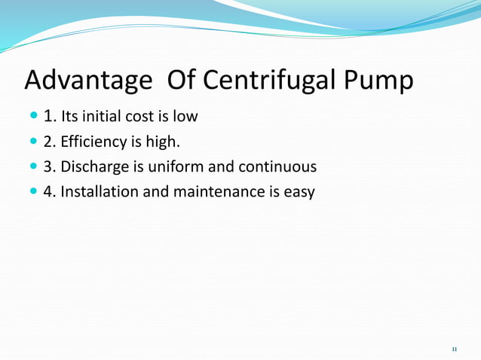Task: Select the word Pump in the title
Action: coord(378,80)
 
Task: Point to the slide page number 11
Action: coord(454,349)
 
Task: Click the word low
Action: coord(185,117)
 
